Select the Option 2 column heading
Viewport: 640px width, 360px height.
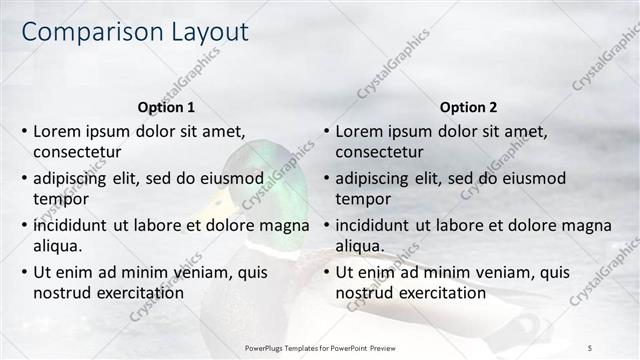468,107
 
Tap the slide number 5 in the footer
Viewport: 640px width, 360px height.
590,347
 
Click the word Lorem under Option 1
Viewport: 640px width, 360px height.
57,131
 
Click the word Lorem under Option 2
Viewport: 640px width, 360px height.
359,131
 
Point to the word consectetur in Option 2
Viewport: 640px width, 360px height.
379,152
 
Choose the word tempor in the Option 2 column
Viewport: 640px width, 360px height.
363,198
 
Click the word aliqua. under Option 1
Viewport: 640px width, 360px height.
58,245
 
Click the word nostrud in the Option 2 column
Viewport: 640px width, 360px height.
363,292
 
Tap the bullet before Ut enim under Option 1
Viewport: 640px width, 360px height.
24,271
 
